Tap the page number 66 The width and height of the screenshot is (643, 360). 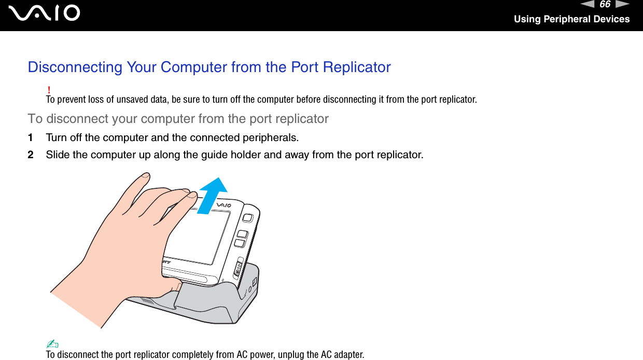[x=605, y=5]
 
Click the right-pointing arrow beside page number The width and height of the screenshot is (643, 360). [x=623, y=5]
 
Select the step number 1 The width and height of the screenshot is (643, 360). [x=31, y=138]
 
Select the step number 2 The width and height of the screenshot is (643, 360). [x=31, y=155]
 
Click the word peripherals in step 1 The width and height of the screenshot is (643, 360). [x=273, y=138]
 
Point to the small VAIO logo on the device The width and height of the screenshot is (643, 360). [x=223, y=206]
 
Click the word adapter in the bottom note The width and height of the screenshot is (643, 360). [x=348, y=355]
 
